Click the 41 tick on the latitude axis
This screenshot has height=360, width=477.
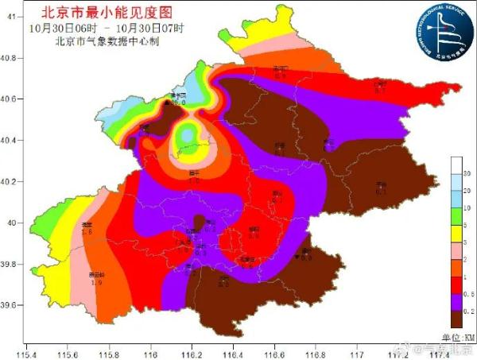[11, 16]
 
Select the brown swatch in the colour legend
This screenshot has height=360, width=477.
[456, 318]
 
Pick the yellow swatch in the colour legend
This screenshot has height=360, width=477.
[456, 226]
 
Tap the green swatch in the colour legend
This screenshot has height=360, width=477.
[456, 208]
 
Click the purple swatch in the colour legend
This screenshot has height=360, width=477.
[456, 300]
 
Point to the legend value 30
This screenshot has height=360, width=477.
[467, 172]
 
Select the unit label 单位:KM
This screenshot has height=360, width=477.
[457, 337]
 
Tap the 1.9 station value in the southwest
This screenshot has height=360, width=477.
[97, 282]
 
